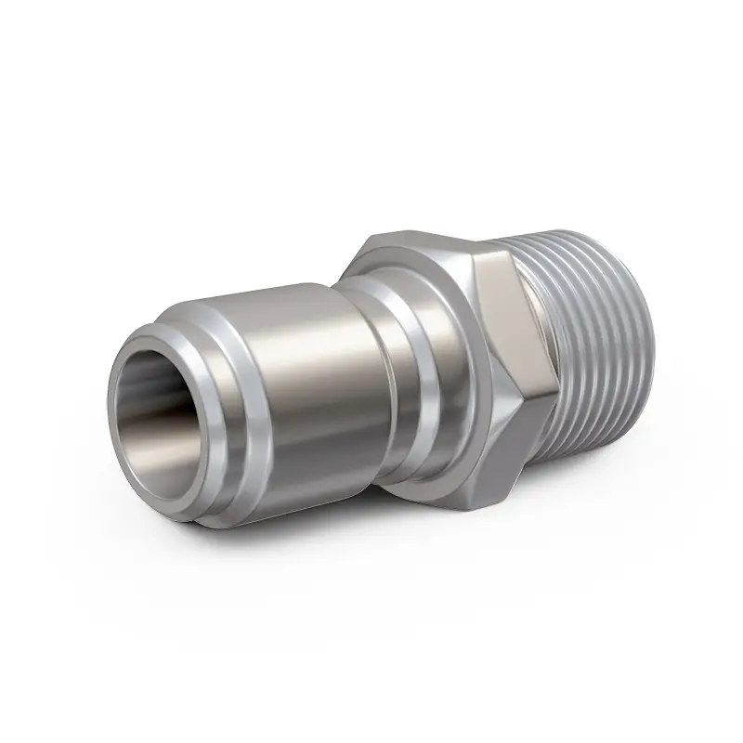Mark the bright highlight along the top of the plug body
click(x=297, y=311)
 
